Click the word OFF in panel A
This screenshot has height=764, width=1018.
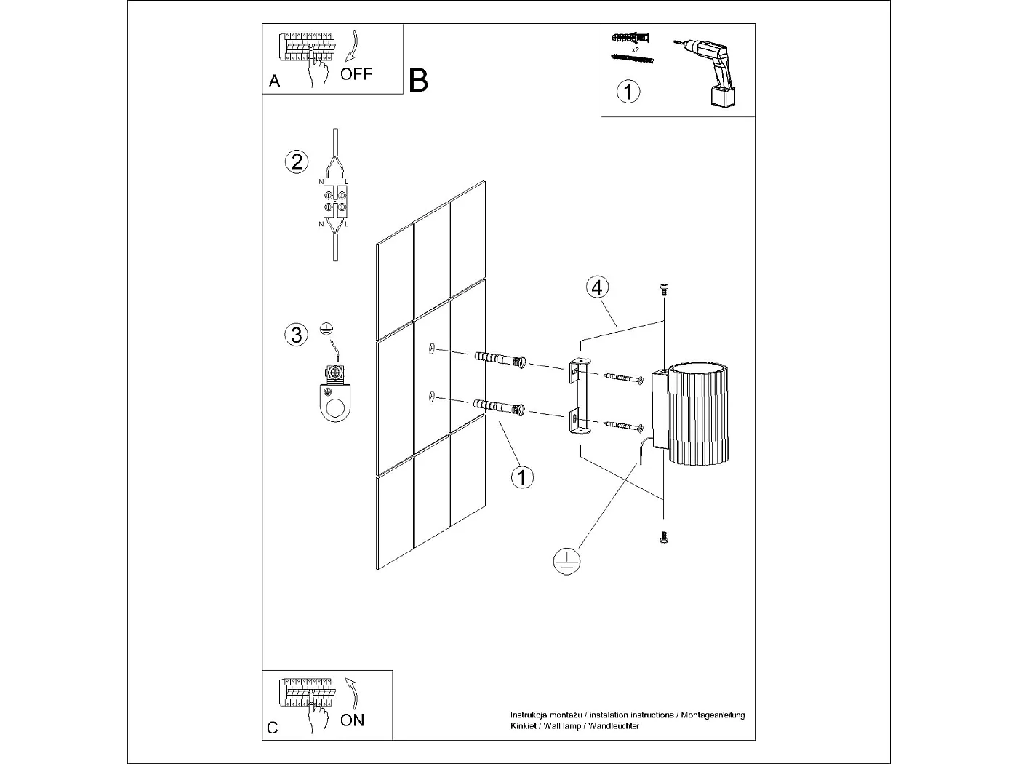tap(356, 73)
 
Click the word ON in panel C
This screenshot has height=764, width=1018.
tap(352, 720)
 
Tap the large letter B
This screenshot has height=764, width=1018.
tap(418, 81)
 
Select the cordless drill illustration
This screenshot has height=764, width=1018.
tap(709, 73)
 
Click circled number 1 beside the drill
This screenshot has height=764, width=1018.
tap(628, 92)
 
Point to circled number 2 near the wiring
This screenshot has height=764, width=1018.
tap(296, 161)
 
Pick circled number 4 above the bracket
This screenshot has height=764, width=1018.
tap(596, 287)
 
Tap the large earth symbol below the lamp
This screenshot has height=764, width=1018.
tap(566, 561)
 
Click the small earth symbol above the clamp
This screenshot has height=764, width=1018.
tap(326, 328)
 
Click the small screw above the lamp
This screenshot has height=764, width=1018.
tap(663, 289)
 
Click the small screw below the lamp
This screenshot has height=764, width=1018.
tap(663, 538)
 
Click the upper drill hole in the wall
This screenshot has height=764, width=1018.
tap(432, 349)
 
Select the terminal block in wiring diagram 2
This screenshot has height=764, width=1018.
tap(334, 202)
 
